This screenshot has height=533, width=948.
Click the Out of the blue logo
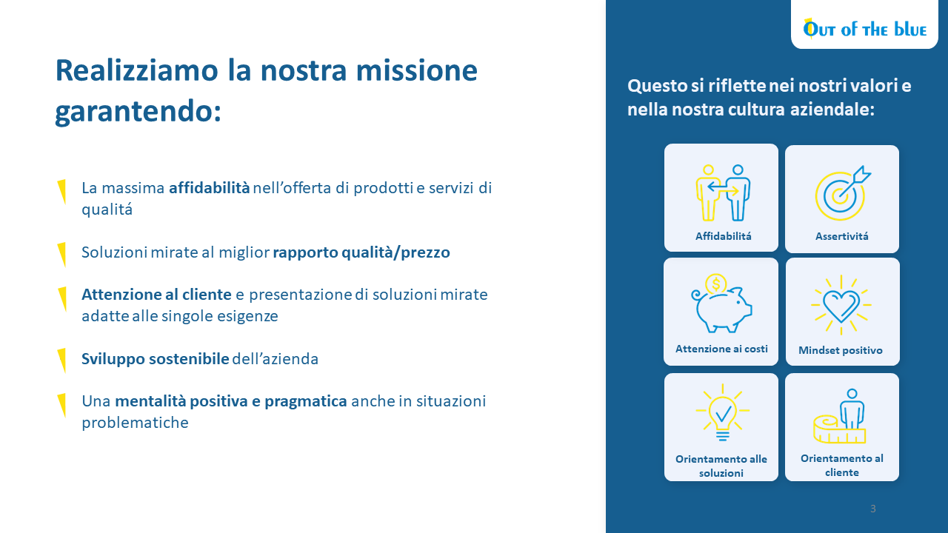point(864,29)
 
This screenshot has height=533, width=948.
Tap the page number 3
point(872,509)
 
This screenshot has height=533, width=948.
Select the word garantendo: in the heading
point(138,112)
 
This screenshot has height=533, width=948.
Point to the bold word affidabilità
point(209,188)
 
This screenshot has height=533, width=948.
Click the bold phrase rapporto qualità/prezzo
point(361,252)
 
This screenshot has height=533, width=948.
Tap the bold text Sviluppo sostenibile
point(156,359)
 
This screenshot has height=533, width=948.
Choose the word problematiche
point(135,423)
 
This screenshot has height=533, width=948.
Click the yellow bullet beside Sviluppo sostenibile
point(61,360)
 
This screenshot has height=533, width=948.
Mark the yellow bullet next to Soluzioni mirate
point(61,254)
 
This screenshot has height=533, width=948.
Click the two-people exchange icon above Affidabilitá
point(723,193)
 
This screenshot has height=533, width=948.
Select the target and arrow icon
point(843,193)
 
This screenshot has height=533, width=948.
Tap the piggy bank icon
point(721,304)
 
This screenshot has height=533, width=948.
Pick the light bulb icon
point(722,413)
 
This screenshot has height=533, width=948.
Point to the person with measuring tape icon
point(840,416)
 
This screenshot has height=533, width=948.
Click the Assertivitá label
point(842,236)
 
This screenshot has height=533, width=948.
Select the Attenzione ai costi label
point(721,349)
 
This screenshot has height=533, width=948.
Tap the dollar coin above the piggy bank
point(715,284)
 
